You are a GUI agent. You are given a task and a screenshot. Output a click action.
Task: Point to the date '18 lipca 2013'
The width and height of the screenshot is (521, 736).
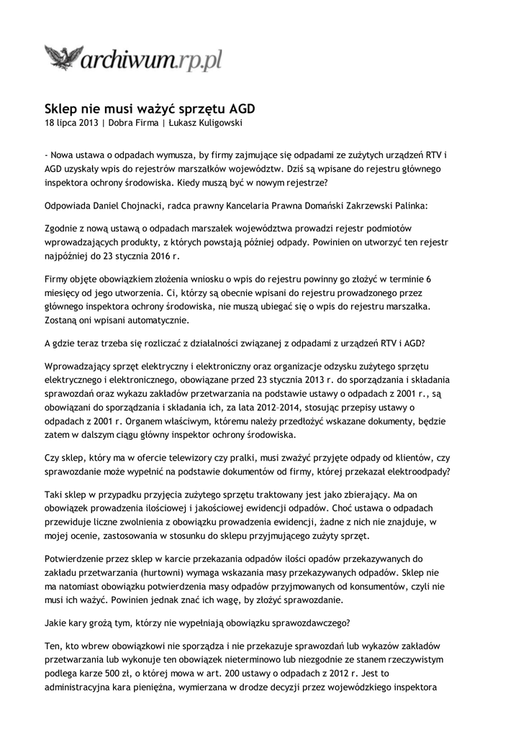point(71,123)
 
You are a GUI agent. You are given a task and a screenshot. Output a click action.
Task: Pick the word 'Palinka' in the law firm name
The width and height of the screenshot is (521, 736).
point(407,205)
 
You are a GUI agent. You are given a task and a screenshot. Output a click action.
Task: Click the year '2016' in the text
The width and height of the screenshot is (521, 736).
point(153,255)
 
